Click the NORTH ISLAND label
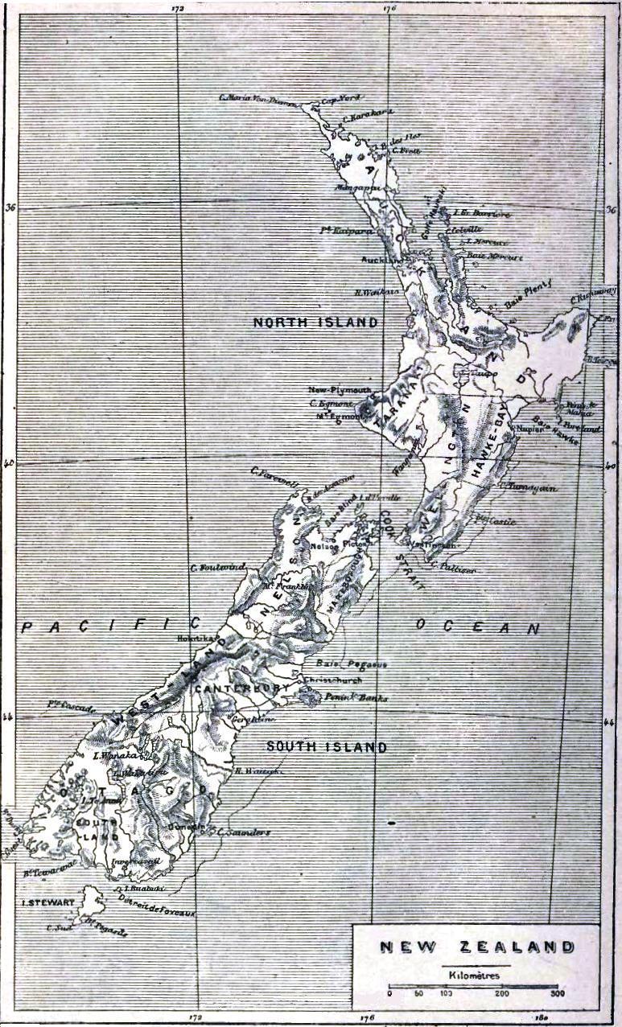[315, 322]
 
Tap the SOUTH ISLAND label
[327, 747]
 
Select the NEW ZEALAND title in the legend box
[477, 947]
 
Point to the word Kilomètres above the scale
[475, 975]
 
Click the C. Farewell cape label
[274, 474]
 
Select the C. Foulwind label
[217, 568]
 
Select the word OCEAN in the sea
[477, 627]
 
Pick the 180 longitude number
[544, 1018]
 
